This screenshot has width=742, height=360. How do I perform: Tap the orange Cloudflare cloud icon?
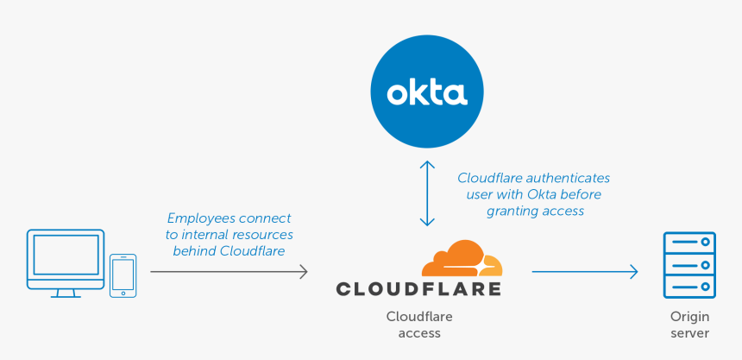pos(462,258)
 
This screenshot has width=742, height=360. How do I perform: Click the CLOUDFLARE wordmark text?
pos(418,288)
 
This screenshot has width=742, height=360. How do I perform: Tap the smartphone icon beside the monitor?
pos(123,275)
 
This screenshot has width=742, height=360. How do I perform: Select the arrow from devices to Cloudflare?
pos(229,272)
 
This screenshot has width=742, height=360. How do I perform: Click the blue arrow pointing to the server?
pos(584,272)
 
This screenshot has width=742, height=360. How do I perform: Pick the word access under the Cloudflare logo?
pos(419,333)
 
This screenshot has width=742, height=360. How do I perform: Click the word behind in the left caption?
pos(194,251)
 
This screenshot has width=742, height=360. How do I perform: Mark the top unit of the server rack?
pos(689,241)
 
